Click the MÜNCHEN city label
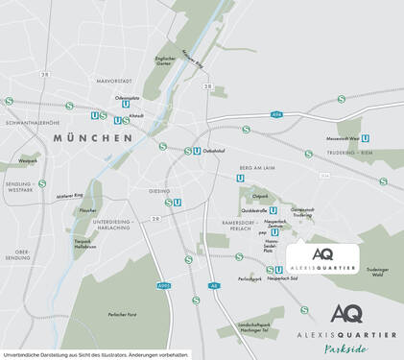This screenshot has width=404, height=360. pyautogui.click(x=93, y=138)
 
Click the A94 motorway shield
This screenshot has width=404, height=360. pyautogui.click(x=278, y=115)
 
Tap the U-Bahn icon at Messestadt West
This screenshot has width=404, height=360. pyautogui.click(x=366, y=137)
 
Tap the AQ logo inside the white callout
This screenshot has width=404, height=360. pyautogui.click(x=322, y=253)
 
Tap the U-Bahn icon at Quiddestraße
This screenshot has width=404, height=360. pyautogui.click(x=273, y=210)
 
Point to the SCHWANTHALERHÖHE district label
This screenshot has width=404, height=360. pyautogui.click(x=32, y=123)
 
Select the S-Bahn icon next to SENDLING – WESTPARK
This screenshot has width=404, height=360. pyautogui.click(x=41, y=184)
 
